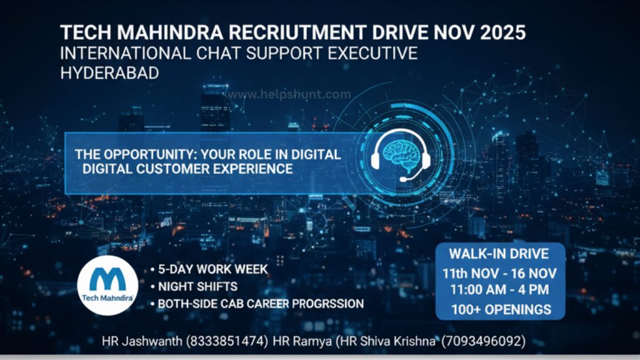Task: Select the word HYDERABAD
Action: (x=109, y=73)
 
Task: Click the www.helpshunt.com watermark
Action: (x=287, y=94)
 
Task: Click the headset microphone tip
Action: (x=403, y=179)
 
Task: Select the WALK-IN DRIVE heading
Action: (x=500, y=254)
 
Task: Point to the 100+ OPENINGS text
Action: (x=501, y=309)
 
